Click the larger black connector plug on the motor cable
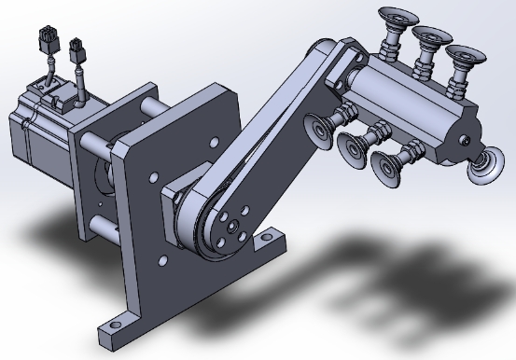coord(44,41)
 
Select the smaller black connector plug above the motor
coord(75,46)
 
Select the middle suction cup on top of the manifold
coord(430,37)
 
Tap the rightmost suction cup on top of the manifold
coord(461,56)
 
